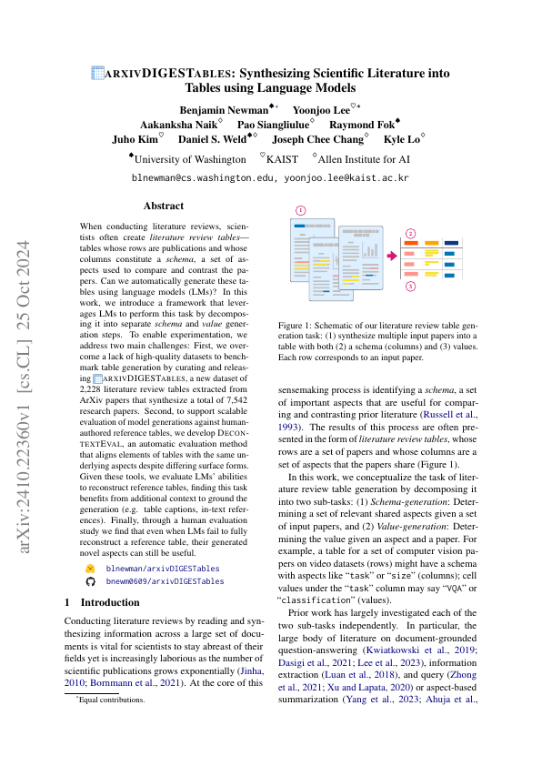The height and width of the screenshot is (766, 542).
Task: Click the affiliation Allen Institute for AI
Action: (368, 157)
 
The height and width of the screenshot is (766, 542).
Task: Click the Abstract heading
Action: (164, 206)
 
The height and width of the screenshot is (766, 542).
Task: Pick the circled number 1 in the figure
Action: (301, 209)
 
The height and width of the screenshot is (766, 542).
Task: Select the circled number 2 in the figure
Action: (410, 233)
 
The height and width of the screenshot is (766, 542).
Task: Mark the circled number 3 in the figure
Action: (410, 287)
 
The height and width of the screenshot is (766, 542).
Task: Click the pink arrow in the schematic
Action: (392, 257)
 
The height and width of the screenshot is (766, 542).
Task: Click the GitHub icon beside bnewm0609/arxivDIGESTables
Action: (90, 580)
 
